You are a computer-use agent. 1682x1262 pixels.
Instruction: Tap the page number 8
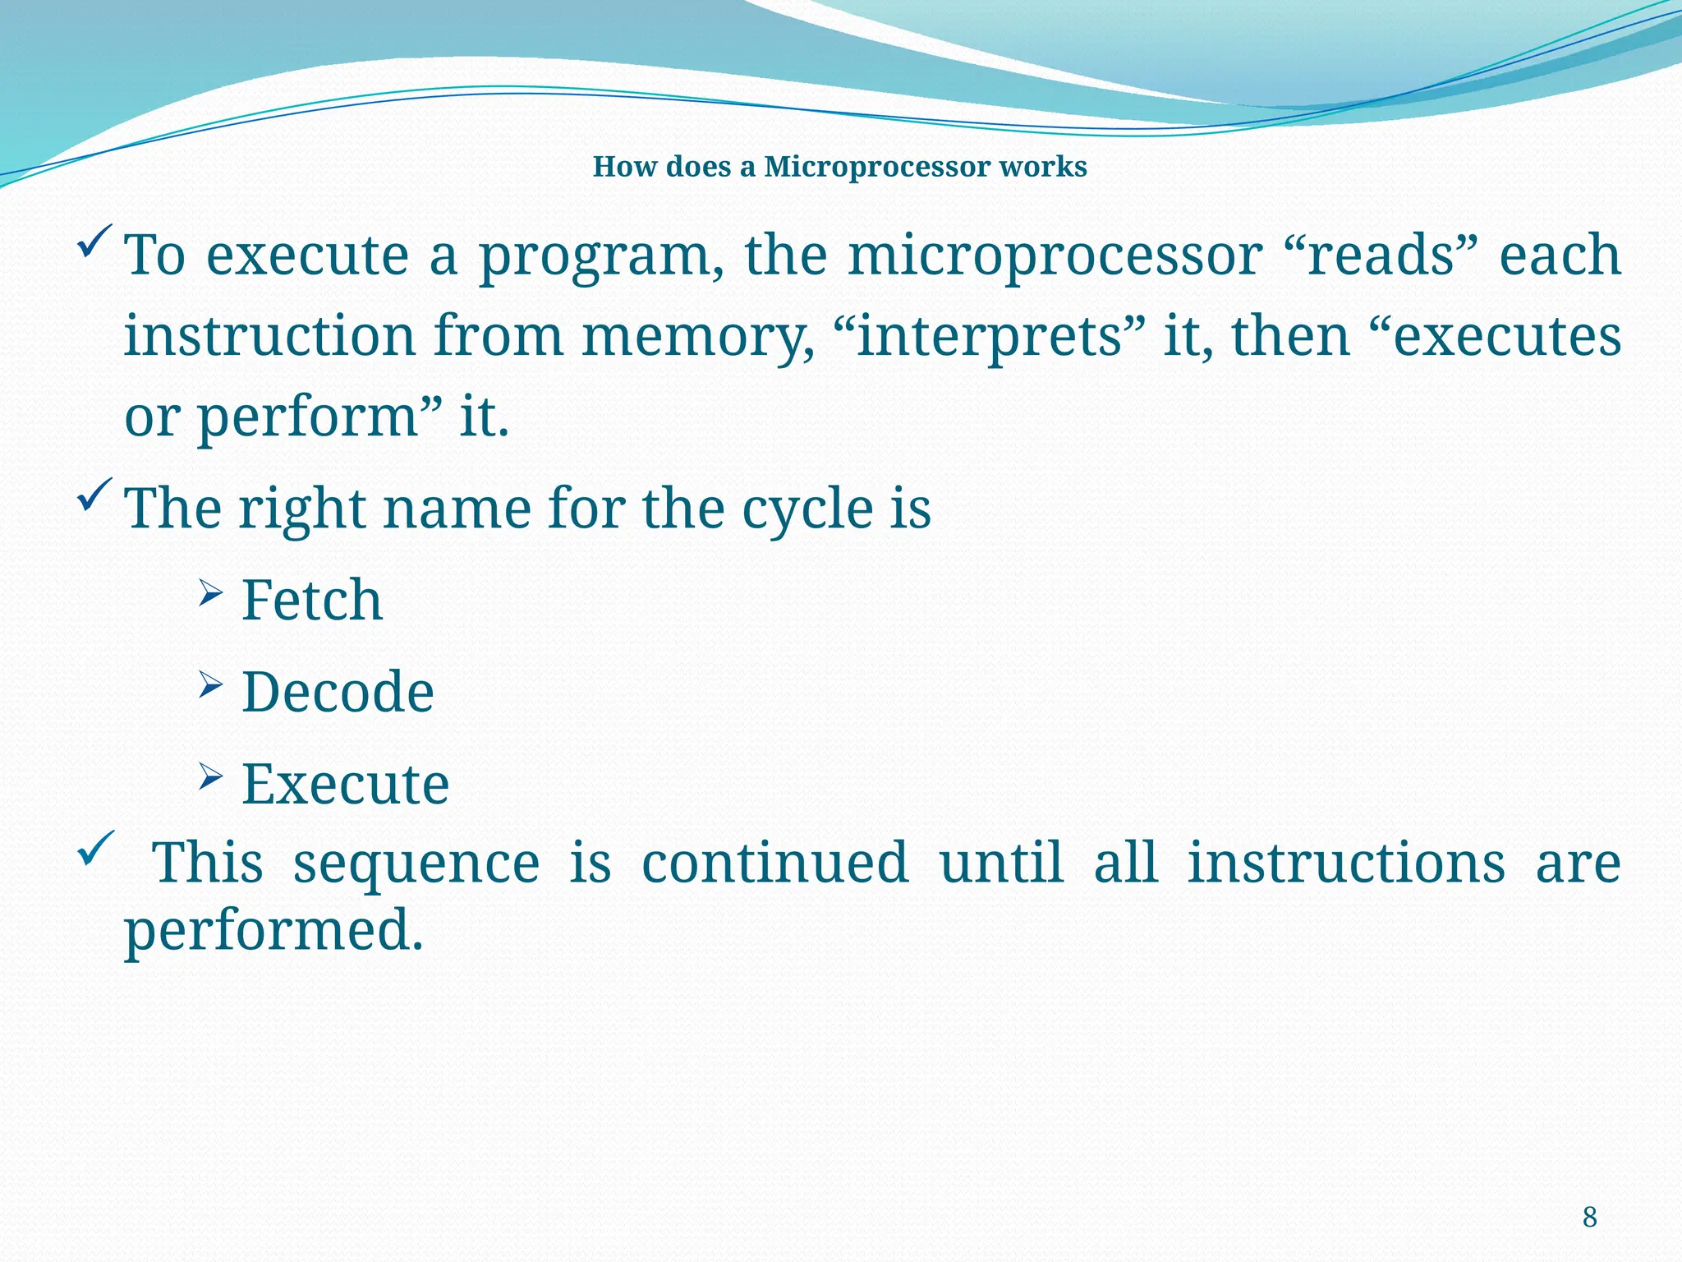(1589, 1217)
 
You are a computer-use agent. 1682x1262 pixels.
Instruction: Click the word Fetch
(312, 600)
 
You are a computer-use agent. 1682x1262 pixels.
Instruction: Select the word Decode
(338, 692)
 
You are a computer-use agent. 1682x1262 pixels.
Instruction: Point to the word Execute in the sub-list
(345, 784)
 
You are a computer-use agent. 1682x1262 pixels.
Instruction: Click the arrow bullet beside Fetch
(210, 593)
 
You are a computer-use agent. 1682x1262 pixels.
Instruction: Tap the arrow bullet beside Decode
(210, 684)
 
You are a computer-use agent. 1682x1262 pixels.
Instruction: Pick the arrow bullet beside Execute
(210, 776)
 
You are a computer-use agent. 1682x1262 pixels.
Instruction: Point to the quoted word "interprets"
(988, 337)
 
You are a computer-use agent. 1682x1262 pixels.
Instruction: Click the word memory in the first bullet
(698, 337)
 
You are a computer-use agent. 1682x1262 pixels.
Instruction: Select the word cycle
(807, 509)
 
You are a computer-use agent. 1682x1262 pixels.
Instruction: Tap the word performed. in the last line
(273, 931)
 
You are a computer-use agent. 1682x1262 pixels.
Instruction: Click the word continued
(774, 863)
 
